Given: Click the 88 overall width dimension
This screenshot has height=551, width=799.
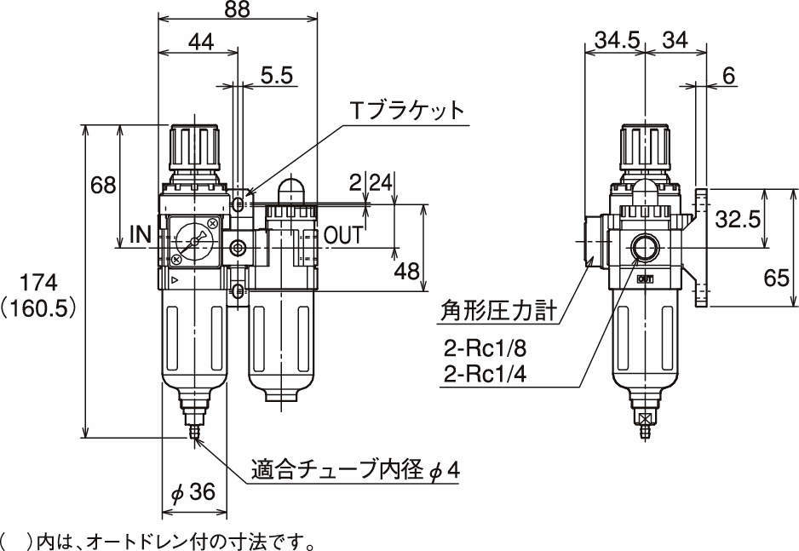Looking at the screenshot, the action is pos(238,9).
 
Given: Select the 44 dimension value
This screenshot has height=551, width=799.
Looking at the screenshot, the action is pos(201,43).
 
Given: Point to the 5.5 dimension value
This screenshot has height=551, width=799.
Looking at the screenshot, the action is pos(277,75).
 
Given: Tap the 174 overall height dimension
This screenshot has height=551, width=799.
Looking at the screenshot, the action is pos(38,282).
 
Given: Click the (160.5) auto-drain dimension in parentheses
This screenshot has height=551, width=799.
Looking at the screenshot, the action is pos(38,308).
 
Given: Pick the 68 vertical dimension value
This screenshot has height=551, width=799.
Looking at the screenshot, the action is pos(103,185).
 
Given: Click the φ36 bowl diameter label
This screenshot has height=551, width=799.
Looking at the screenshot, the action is pos(193,492).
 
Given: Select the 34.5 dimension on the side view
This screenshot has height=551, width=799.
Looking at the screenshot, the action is pos(617,40).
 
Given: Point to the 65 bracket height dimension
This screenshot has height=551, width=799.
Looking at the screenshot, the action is pos(777,278).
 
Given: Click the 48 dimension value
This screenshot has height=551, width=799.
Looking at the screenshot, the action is pos(406,272).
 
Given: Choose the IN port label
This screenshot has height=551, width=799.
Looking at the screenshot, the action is pos(141,234).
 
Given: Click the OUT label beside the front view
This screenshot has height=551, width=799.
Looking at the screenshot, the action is pos(344,235).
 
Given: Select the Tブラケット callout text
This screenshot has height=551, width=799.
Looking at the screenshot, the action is pos(408,111).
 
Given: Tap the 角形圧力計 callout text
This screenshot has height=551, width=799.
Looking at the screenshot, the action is pos(497,310).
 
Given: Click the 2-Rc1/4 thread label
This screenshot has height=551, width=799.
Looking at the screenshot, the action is pos(485,376).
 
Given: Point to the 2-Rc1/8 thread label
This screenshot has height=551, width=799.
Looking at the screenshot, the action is pos(485,349).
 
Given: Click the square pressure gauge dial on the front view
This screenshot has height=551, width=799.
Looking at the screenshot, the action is pos(194,241).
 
